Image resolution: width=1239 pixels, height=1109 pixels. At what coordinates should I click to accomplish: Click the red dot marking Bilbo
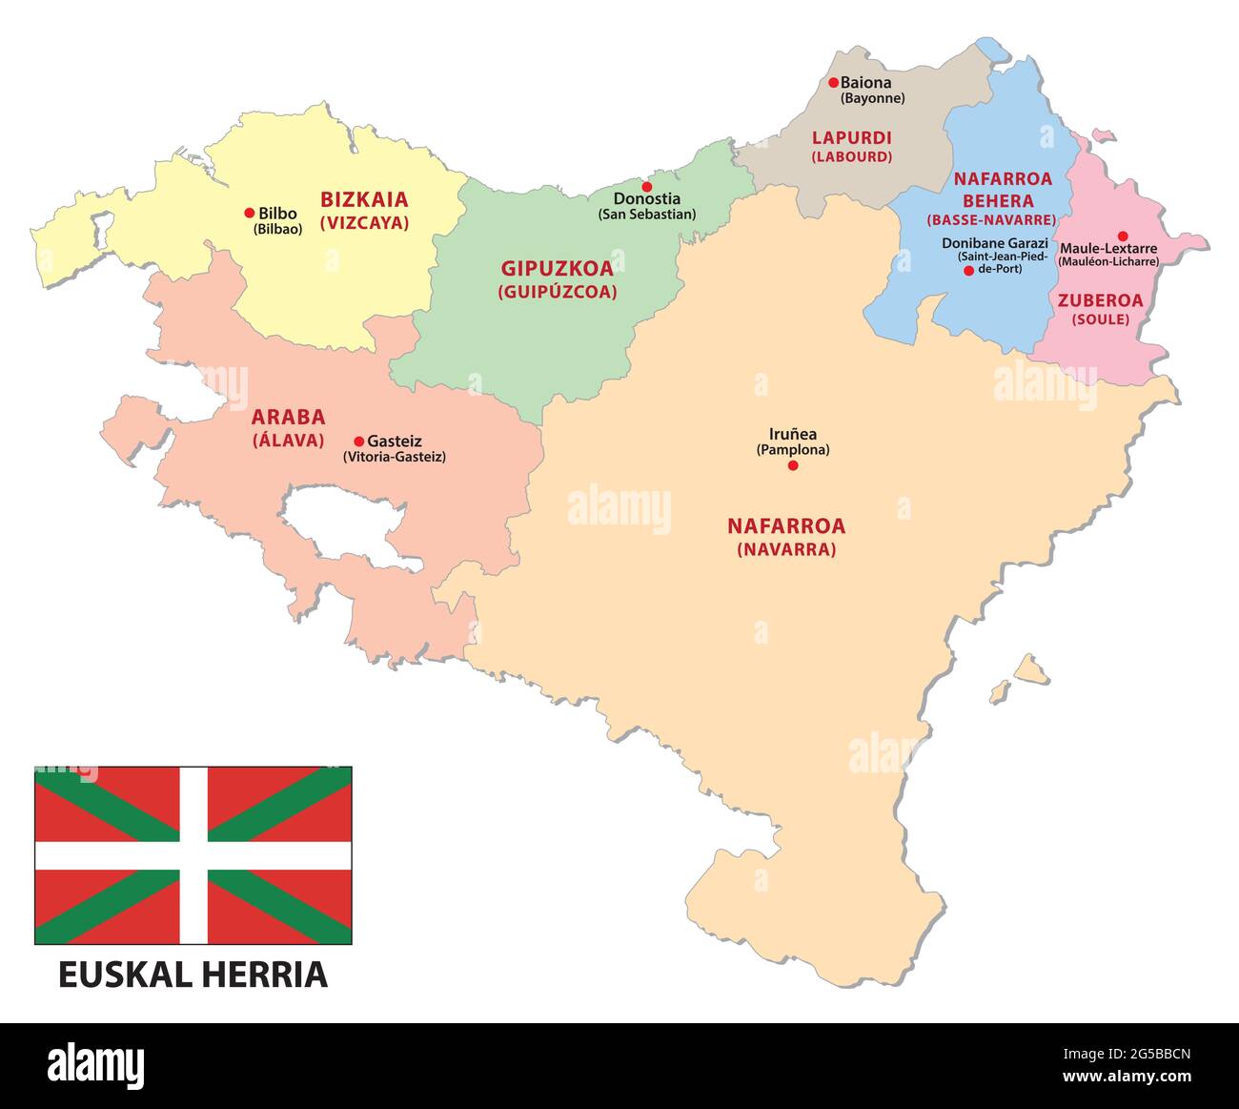tap(250, 213)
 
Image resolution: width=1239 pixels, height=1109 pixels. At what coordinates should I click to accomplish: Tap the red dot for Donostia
tap(646, 186)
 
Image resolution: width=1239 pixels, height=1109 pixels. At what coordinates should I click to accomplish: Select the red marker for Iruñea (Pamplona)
tap(792, 465)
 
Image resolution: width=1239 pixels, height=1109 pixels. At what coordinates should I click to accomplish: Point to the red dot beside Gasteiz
tap(358, 442)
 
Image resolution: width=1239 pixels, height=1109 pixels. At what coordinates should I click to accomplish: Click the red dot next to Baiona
tap(833, 83)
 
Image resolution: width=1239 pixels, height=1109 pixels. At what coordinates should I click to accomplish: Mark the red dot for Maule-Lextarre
tap(1123, 236)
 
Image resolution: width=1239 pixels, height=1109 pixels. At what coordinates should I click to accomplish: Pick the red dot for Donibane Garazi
tap(968, 271)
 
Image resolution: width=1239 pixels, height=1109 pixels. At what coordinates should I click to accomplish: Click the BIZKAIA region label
tap(364, 200)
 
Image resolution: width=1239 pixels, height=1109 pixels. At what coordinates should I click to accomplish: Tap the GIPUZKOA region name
tap(557, 269)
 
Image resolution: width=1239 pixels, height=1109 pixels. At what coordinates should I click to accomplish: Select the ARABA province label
tap(288, 418)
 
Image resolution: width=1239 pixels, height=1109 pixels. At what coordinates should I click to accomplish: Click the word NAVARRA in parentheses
tap(786, 550)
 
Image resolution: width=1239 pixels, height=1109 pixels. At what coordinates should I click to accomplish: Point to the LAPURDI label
tap(851, 138)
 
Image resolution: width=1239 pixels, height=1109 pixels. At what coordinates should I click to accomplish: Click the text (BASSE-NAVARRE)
tap(992, 220)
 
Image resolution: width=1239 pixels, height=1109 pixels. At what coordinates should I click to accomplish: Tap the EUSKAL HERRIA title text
tap(193, 975)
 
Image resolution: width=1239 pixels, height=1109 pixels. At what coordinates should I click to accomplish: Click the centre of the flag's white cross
tap(193, 855)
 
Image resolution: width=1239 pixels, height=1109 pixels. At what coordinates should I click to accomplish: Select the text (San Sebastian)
tap(647, 215)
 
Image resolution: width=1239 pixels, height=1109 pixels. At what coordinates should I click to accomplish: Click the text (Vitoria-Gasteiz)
tap(395, 457)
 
